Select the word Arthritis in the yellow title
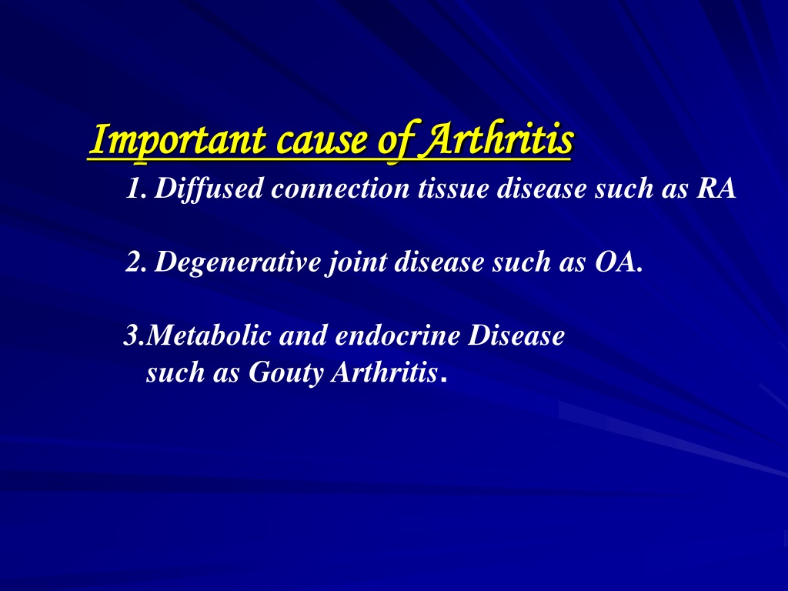pos(498,139)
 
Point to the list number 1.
pos(135,189)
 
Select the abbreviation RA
pos(716,189)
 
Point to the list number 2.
pos(135,262)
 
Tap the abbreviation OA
pos(616,262)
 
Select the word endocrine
pos(398,336)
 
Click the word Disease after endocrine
pos(516,336)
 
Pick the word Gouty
pos(285,373)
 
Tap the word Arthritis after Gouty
pos(384,372)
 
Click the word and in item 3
pos(303,336)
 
